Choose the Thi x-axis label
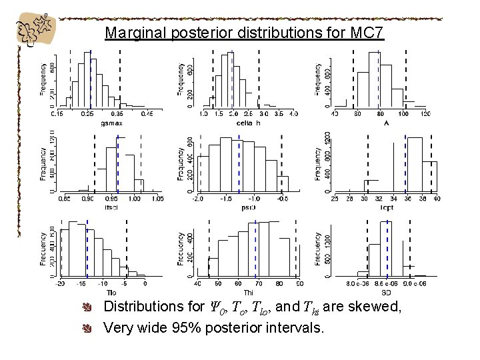(248, 292)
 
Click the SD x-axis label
(385, 292)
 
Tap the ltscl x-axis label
(111, 207)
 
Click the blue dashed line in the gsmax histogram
(91, 80)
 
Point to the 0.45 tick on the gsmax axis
(147, 115)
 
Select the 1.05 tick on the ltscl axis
(157, 199)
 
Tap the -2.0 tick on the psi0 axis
(198, 199)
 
